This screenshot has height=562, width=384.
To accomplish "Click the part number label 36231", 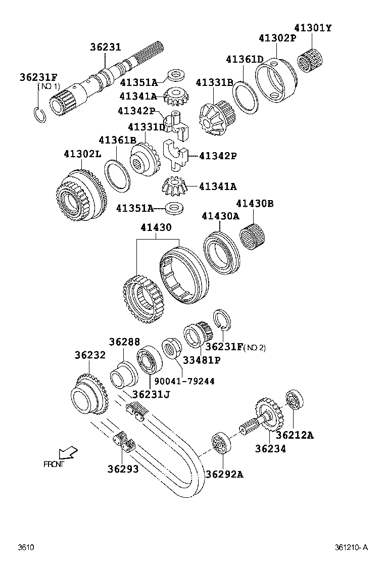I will pos(106,48).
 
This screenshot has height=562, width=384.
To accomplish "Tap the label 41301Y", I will pos(313,28).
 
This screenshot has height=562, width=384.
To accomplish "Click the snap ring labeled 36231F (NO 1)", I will pos(41,114).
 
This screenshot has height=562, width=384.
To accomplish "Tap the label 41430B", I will pos(255,204).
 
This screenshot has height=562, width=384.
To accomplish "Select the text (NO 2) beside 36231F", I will pos(254,347).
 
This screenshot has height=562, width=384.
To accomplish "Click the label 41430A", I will pos(220,216).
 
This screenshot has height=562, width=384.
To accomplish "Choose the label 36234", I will pos(270,448).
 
